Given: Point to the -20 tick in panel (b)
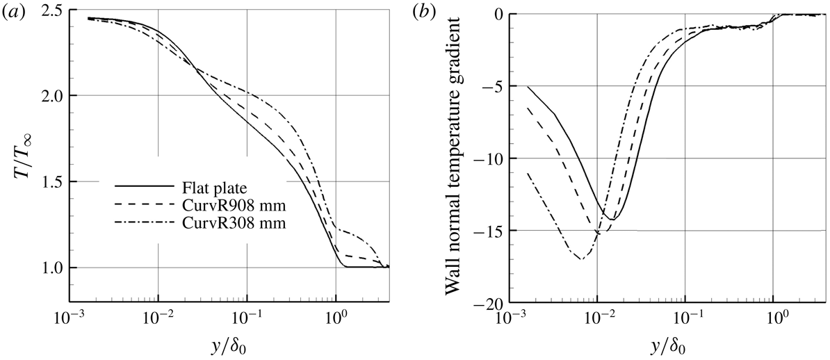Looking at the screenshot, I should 487,304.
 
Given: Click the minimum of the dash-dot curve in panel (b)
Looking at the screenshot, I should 581,259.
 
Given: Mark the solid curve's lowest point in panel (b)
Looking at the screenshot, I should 612,220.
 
